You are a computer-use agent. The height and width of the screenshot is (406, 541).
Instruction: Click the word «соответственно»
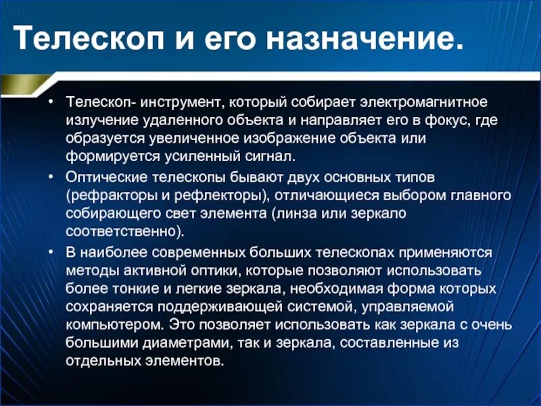pyautogui.click(x=123, y=231)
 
